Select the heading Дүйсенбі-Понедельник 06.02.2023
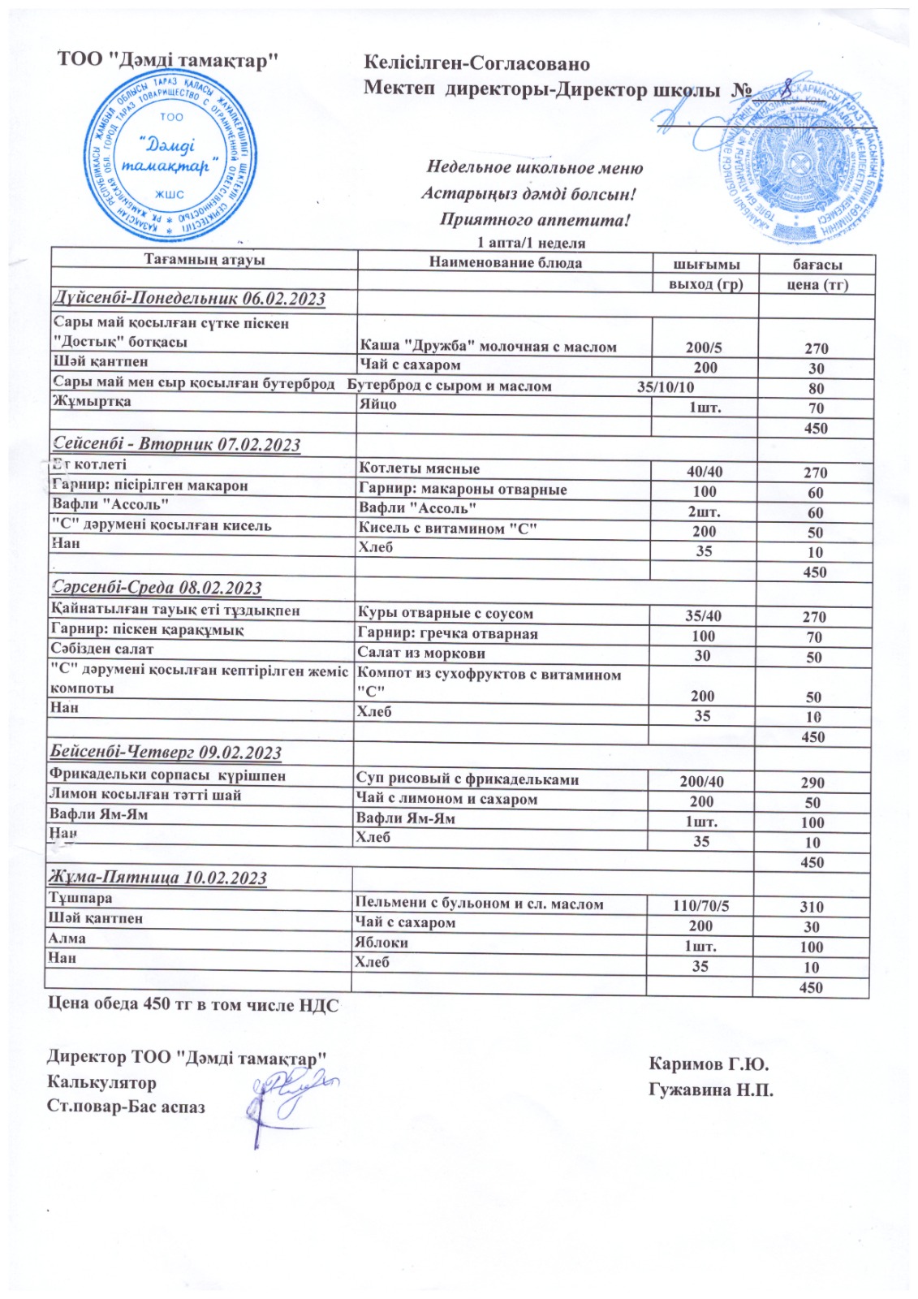click(189, 299)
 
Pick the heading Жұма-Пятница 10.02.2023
click(158, 878)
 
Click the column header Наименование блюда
click(505, 262)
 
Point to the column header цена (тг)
click(817, 284)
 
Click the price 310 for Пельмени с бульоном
click(811, 907)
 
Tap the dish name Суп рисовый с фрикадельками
click(468, 779)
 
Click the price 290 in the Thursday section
click(812, 783)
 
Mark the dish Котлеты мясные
click(419, 468)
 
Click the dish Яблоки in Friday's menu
click(381, 943)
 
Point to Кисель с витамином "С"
click(447, 529)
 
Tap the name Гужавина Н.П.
click(711, 1090)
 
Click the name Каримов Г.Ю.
click(709, 1064)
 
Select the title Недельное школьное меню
click(534, 168)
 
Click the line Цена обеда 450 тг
click(193, 1005)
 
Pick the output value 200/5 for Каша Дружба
click(703, 347)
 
